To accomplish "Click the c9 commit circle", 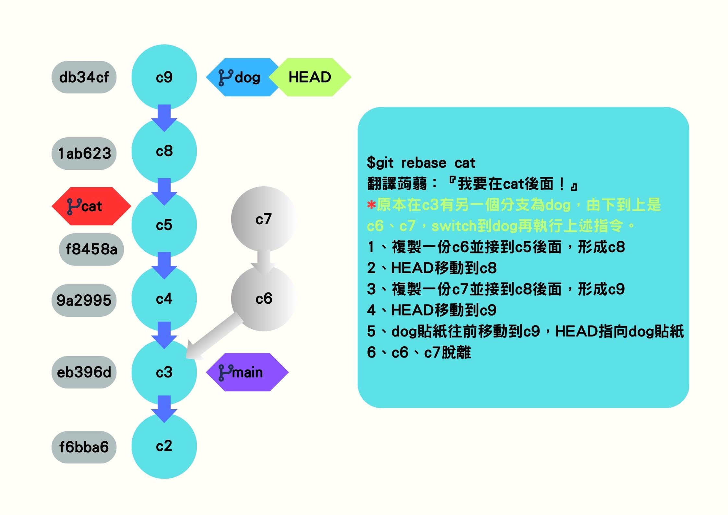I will point(164,77).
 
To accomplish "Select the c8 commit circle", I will point(164,151).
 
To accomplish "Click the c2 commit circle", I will point(164,446).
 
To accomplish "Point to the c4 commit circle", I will point(164,299).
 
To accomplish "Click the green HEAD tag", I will point(310,77).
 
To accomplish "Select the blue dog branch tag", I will point(240,77).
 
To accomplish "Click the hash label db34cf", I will point(84,77).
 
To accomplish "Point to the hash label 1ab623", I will point(84,153).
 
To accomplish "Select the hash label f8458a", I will point(91,249).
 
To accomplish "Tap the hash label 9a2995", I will point(84,300).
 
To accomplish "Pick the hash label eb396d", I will point(84,372).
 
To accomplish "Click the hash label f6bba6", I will point(84,447).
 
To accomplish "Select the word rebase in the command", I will point(424,163).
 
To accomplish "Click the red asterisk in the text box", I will point(371,205).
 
